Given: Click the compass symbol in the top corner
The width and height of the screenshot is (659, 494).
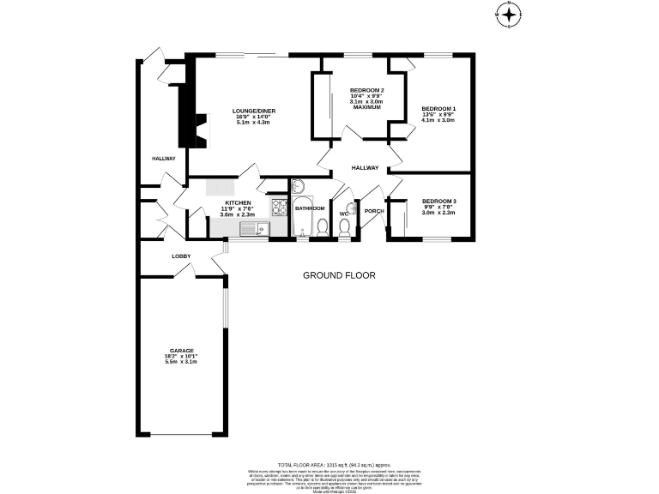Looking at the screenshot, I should (509, 14).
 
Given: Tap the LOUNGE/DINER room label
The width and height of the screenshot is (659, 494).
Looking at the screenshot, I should (253, 111).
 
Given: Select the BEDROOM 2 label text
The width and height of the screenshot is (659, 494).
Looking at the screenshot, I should (366, 90).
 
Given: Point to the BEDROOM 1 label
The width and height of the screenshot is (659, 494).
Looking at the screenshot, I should (438, 108).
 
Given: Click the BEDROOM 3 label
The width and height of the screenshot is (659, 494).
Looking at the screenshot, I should (438, 201).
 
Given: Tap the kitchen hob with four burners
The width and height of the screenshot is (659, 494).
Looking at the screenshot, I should (280, 207).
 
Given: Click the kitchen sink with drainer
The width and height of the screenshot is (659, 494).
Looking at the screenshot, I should (254, 229).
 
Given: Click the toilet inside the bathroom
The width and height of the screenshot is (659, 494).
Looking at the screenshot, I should (322, 227).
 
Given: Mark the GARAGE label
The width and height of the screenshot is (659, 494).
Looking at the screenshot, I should (181, 351).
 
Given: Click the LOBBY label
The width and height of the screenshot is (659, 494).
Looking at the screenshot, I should (181, 256).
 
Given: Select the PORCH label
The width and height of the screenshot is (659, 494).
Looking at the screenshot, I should (373, 211).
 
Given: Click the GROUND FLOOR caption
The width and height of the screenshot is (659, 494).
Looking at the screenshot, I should (339, 275).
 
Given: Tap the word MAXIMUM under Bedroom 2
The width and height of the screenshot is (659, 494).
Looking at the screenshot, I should (366, 107).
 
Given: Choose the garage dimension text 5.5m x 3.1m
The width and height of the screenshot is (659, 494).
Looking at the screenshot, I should (181, 362).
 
